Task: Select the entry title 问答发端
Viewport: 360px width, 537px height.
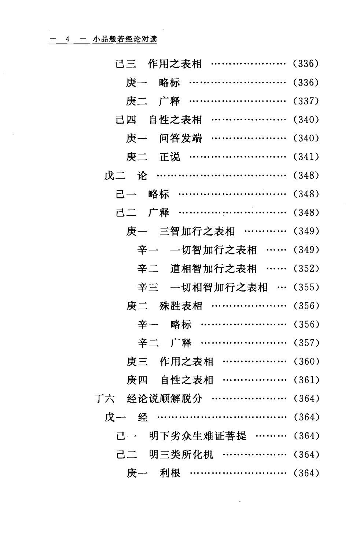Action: coord(180,138)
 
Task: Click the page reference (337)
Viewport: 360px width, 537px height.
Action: coord(306,101)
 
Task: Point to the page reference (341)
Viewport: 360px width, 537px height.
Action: coord(306,157)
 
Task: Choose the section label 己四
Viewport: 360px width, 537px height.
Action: coord(126,120)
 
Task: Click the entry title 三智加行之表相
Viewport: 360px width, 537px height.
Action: coord(197,231)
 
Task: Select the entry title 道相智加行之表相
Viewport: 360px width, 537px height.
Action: coord(213,269)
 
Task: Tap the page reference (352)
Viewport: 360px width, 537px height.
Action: coord(306,269)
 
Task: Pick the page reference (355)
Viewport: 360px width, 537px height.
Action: coord(306,287)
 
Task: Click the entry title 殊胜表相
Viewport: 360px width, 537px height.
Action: coord(181,306)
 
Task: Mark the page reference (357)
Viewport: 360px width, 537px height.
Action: coord(306,343)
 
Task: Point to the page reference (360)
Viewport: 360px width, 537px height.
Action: coord(306,362)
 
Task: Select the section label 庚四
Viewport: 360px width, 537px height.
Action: coord(137,380)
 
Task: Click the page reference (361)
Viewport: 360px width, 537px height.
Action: coord(306,380)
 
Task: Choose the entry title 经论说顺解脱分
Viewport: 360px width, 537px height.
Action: coord(165,399)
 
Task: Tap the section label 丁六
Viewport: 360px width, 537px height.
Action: coord(105,399)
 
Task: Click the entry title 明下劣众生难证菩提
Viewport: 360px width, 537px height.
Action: coord(198,436)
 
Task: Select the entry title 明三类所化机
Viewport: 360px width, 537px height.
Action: coord(181,455)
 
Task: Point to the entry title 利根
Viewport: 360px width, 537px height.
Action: coord(170,473)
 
